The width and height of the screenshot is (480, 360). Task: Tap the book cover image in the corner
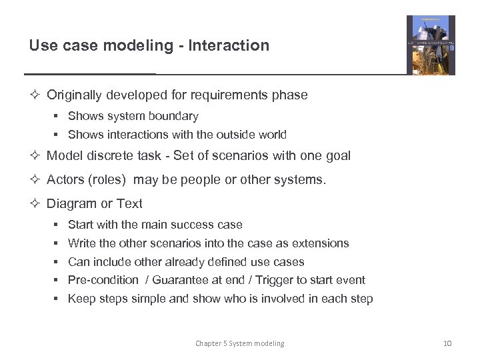tap(431, 45)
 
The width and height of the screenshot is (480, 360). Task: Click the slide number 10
tap(447, 343)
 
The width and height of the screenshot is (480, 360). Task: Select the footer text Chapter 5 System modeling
tap(239, 343)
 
